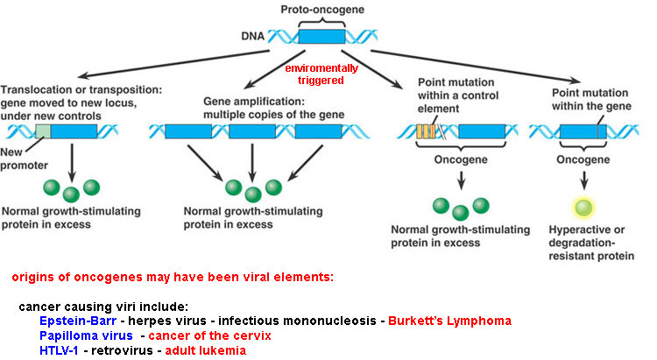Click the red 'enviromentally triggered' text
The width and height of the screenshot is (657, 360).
click(x=319, y=73)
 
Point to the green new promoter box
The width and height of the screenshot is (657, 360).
click(x=42, y=132)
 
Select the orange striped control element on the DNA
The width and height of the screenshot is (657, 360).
click(x=427, y=132)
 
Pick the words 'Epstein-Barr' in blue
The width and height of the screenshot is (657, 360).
click(x=74, y=321)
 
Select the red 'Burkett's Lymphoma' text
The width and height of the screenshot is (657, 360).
click(x=456, y=321)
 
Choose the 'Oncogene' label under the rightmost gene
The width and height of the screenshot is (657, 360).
click(x=579, y=161)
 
